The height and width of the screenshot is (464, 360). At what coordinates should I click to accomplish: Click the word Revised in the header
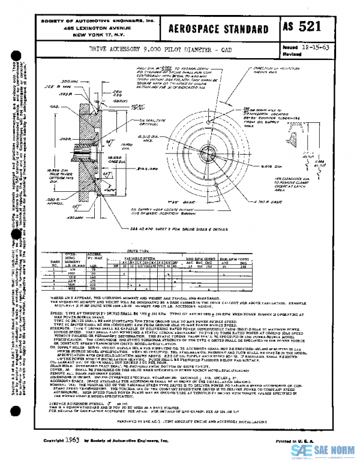coord(290,53)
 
